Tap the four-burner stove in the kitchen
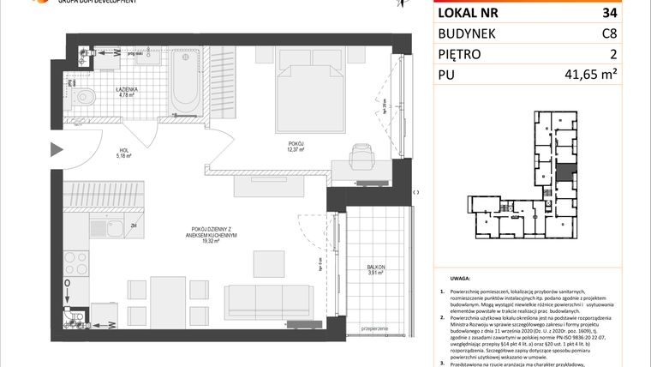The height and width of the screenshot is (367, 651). click(75, 259)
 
